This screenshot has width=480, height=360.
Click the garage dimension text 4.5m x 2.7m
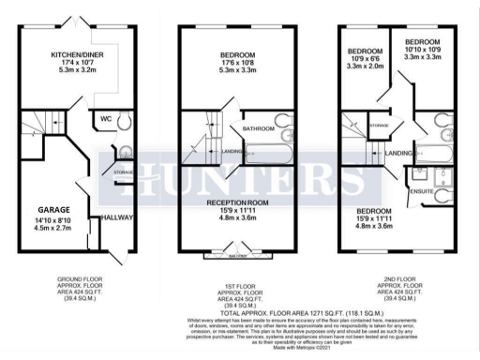[55, 226]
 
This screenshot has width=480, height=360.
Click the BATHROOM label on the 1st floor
[259, 127]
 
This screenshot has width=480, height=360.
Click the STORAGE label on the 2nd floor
[379, 124]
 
